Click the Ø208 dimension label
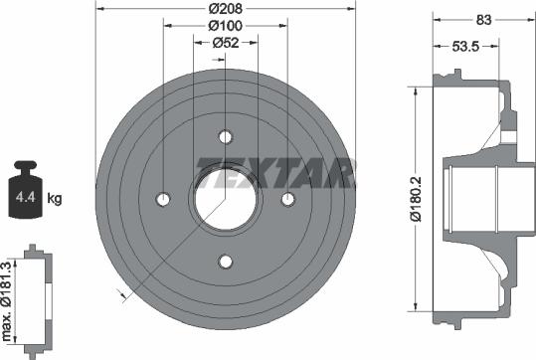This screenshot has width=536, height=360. [x=226, y=8]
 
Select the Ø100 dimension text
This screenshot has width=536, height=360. [x=226, y=25]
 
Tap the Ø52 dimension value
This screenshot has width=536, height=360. [x=226, y=42]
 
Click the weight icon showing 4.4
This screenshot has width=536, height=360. [x=24, y=193]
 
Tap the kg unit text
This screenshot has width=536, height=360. [x=55, y=200]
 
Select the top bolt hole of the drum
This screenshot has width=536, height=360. [x=226, y=137]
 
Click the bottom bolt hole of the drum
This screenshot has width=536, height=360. [x=226, y=262]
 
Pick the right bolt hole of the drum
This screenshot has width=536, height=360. [x=288, y=200]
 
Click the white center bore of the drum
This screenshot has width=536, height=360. [x=226, y=199]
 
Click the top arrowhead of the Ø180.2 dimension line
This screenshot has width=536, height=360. [x=411, y=90]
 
